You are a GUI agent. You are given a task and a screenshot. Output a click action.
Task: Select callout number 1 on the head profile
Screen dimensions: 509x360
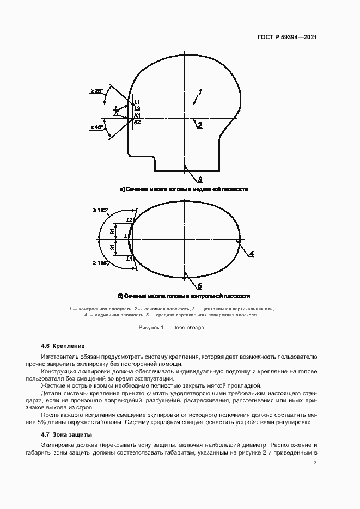[200, 91]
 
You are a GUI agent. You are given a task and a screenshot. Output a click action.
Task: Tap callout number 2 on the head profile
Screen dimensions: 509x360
[200, 126]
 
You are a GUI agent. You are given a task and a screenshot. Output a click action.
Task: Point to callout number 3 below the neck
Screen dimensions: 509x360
[200, 179]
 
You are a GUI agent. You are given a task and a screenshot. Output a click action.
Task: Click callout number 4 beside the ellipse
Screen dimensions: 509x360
[252, 254]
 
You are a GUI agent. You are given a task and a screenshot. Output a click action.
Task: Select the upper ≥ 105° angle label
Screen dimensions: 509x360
[101, 210]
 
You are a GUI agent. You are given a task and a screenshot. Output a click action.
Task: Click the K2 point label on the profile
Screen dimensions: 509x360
[137, 122]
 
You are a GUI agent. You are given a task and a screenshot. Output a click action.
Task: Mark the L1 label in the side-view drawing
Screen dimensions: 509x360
[137, 102]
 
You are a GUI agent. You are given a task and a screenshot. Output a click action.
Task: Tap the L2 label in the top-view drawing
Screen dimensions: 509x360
[129, 219]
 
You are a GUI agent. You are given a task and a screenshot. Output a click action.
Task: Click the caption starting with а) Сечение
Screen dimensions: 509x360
[184, 189]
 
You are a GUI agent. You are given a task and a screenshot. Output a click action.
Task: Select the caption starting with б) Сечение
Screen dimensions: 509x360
[184, 296]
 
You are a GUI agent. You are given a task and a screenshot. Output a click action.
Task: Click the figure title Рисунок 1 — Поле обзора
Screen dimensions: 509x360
[172, 327]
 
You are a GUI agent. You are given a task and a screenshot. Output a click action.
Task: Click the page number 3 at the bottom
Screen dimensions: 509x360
[315, 463]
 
